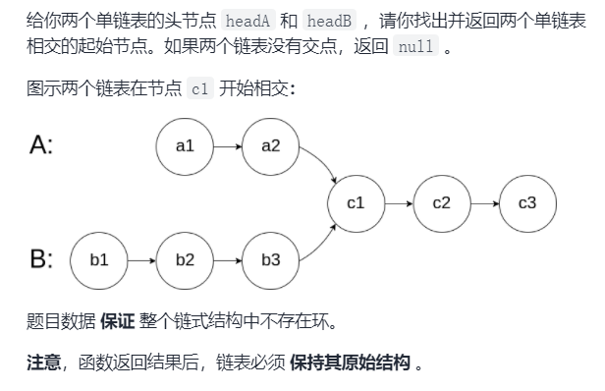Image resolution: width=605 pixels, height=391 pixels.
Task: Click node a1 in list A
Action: click(x=185, y=146)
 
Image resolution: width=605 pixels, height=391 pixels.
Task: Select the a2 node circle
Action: click(x=271, y=146)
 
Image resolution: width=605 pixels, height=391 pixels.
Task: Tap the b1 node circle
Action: click(x=99, y=260)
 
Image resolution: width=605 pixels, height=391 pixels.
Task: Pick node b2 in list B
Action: click(x=185, y=260)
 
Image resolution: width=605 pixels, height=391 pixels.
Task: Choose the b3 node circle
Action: click(x=271, y=260)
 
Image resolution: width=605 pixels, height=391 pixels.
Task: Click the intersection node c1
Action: click(x=356, y=203)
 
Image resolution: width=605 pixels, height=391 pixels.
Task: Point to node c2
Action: click(x=441, y=203)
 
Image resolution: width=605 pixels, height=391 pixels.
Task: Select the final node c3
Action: click(x=526, y=203)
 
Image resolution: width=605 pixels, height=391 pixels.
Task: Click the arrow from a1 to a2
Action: click(x=228, y=146)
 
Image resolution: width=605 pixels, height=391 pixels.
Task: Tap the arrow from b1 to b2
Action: click(x=142, y=260)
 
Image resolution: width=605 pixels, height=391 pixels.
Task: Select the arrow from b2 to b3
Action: click(x=228, y=260)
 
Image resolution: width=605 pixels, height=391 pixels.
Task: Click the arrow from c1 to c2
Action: click(x=398, y=203)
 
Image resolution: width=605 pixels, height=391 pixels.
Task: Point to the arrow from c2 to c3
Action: click(x=483, y=203)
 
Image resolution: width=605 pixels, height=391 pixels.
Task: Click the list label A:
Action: click(x=41, y=146)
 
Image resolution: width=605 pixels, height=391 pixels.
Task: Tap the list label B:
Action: click(x=41, y=260)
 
